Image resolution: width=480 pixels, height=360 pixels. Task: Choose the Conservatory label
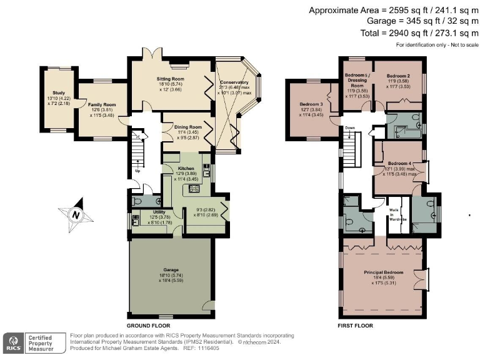tap(234, 82)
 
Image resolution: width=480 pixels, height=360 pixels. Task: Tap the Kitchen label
tap(186, 169)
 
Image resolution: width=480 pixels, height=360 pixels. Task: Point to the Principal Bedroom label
tap(384, 273)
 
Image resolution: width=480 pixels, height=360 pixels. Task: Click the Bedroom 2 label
tap(397, 76)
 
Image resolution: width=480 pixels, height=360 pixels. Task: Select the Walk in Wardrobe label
tap(394, 214)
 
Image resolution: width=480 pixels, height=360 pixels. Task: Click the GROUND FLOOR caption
tap(148, 326)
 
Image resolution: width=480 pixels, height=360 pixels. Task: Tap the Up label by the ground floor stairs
tap(137, 170)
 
